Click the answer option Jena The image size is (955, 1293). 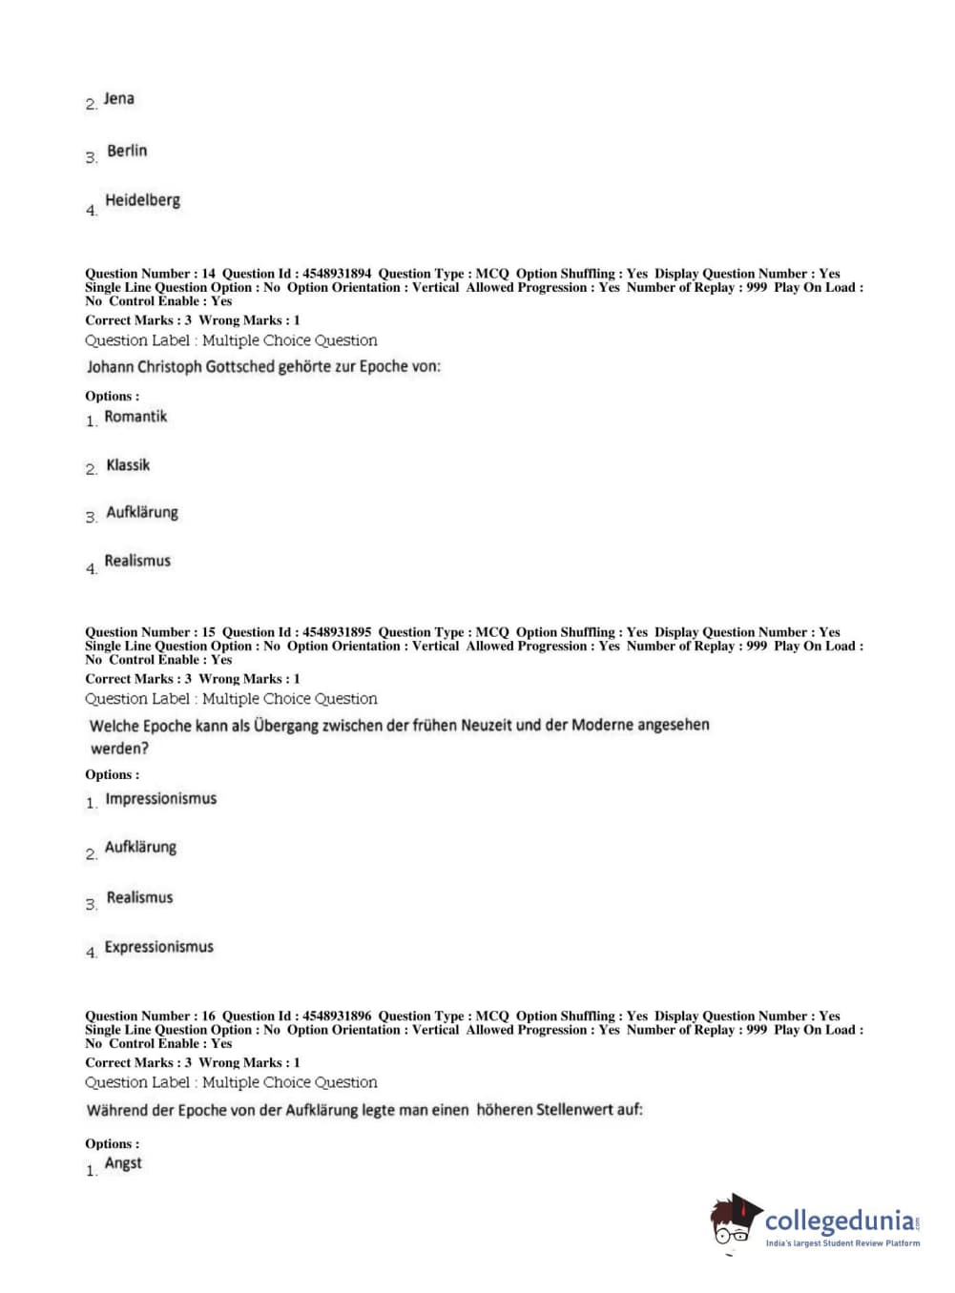click(x=118, y=99)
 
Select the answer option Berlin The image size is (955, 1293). click(x=127, y=151)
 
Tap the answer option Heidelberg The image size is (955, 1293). click(x=142, y=200)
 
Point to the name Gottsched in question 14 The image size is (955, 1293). click(x=239, y=366)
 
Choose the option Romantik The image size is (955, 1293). click(x=135, y=417)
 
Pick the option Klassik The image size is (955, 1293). click(x=128, y=465)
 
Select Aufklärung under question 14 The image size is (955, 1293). click(x=141, y=513)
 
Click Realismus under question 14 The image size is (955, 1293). click(x=137, y=561)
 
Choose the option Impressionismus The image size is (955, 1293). click(x=160, y=799)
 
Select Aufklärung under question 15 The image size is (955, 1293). click(x=140, y=847)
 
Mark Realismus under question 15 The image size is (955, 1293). click(x=139, y=897)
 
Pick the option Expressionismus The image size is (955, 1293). click(x=158, y=947)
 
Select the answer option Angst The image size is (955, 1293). click(x=123, y=1163)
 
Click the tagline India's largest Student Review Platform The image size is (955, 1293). click(x=842, y=1243)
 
